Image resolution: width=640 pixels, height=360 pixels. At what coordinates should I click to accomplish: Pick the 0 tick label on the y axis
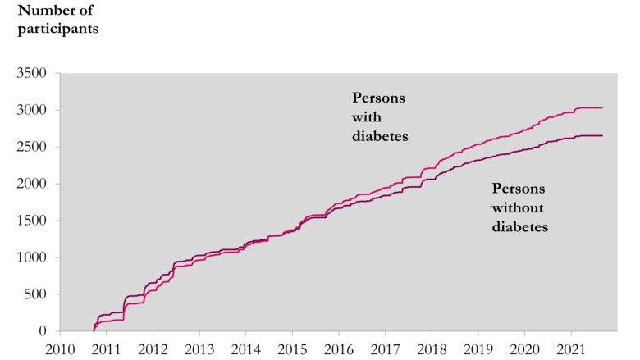pyautogui.click(x=49, y=331)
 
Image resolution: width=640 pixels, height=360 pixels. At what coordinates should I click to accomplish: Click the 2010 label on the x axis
pyautogui.click(x=60, y=347)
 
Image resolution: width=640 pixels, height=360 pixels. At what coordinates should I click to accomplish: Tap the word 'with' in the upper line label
pyautogui.click(x=366, y=116)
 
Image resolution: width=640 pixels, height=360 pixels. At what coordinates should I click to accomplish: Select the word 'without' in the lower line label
pyautogui.click(x=518, y=208)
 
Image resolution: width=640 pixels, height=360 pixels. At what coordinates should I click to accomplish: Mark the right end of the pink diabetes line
pyautogui.click(x=602, y=107)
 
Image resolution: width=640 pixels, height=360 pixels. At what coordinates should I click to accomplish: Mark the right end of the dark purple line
pyautogui.click(x=602, y=135)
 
